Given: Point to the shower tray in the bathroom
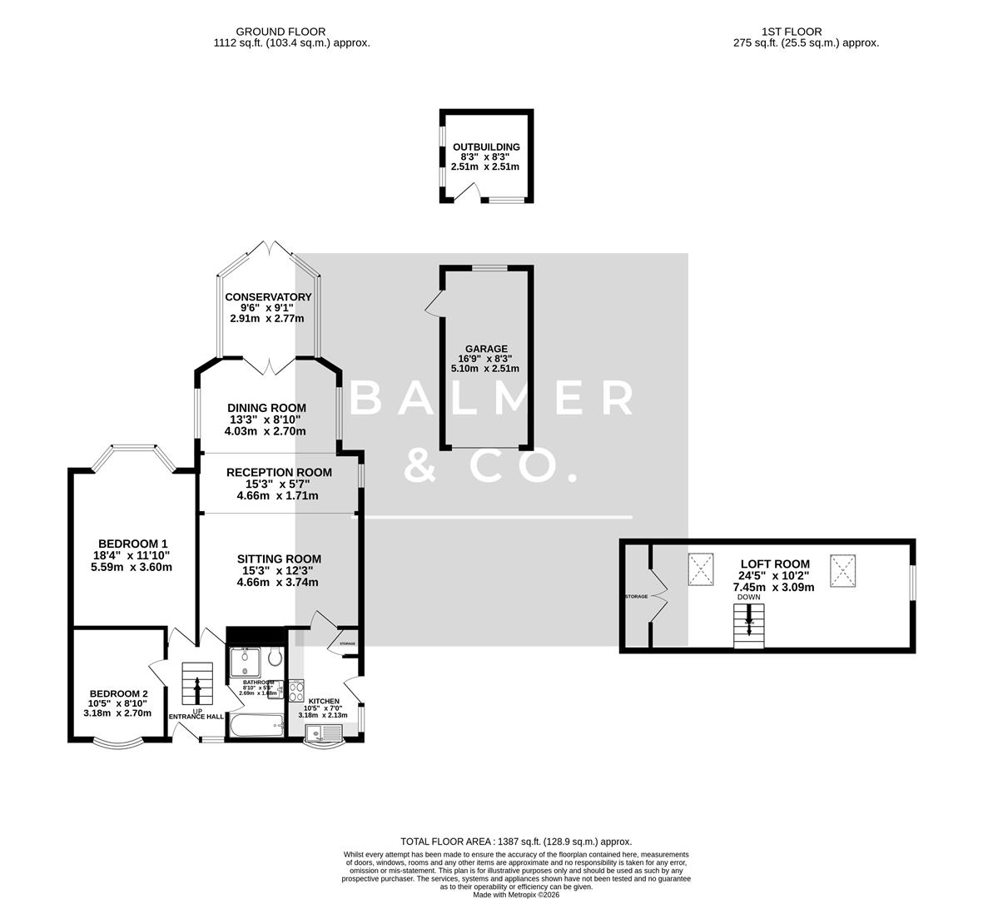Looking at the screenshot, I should pos(246,660).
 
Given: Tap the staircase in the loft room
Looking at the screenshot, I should pos(749,626).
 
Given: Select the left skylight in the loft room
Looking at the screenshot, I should pos(702,570).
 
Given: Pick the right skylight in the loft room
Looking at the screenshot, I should pos(842,570).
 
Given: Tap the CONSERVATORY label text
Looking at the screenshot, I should pos(268,297).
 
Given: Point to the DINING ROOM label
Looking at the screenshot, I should pos(267,408).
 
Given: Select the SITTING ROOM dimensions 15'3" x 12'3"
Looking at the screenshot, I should pos(277,570).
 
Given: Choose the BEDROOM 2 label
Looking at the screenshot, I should pos(119,693).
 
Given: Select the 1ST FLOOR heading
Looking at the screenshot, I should pos(802,32).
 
